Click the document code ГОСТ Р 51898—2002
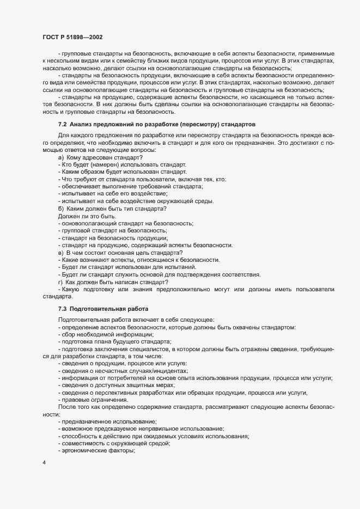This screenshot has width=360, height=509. [x=70, y=37]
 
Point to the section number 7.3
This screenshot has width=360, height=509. [x=62, y=308]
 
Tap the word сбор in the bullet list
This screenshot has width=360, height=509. [x=69, y=334]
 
